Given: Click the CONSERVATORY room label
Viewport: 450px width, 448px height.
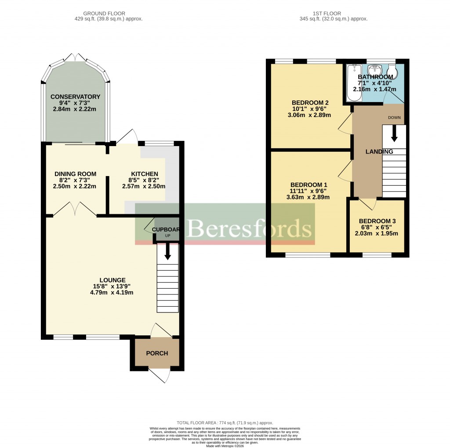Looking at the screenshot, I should tap(75, 97).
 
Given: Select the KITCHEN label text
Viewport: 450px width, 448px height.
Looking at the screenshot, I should tap(144, 174).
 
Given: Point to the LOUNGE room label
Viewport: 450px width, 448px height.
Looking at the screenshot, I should tap(112, 280).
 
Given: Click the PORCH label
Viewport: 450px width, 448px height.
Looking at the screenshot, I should tap(157, 353).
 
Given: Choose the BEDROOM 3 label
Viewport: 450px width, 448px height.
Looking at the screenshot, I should tap(377, 221).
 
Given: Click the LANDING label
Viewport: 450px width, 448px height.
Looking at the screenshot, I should tap(379, 151).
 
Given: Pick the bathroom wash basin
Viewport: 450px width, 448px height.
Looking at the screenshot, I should tap(375, 70).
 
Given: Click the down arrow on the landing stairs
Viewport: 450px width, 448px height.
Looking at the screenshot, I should tap(394, 133).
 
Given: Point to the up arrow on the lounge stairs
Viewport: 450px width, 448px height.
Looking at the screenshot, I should tap(168, 251).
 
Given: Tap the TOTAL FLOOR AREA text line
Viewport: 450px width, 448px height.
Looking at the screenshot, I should tap(225, 422).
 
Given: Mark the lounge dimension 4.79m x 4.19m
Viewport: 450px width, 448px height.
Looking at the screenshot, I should tap(112, 292).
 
